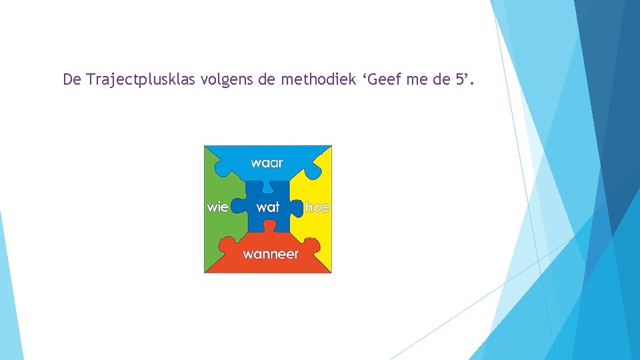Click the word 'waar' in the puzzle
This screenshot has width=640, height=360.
click(267, 163)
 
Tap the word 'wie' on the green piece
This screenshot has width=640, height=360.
click(217, 207)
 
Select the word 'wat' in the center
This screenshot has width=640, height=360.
click(267, 207)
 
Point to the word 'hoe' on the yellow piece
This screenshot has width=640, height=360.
click(317, 207)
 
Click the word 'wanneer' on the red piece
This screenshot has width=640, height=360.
click(270, 254)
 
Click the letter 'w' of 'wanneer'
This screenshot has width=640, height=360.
click(247, 254)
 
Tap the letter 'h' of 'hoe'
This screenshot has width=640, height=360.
click(309, 207)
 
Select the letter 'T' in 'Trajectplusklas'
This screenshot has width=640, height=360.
click(91, 81)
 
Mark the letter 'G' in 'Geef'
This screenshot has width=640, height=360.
click(374, 81)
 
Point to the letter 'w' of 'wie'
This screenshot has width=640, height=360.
click(212, 207)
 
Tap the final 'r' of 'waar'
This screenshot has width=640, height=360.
click(280, 163)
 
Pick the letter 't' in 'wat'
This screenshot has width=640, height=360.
click(277, 207)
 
